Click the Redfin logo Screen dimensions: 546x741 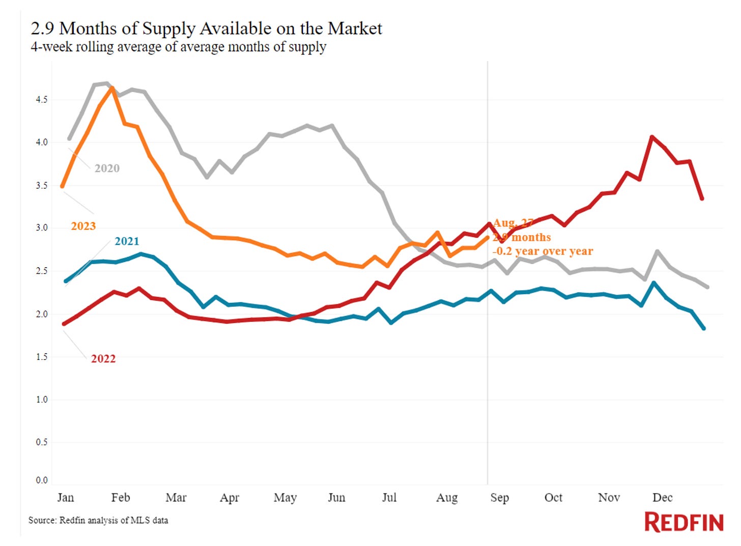pyautogui.click(x=683, y=522)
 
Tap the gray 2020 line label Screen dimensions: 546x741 pyautogui.click(x=107, y=168)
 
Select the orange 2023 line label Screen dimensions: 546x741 pyautogui.click(x=83, y=226)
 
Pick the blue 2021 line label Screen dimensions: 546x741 pyautogui.click(x=127, y=241)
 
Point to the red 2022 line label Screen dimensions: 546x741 pyautogui.click(x=103, y=359)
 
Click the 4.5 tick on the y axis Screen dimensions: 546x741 pyautogui.click(x=42, y=100)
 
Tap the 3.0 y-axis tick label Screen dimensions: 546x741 pyautogui.click(x=42, y=228)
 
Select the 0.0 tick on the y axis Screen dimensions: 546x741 pyautogui.click(x=42, y=480)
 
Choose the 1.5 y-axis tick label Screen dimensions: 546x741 pyautogui.click(x=42, y=357)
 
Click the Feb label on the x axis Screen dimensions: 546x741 pyautogui.click(x=121, y=498)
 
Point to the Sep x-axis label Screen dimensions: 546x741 pyautogui.click(x=499, y=498)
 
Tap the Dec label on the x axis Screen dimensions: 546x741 pyautogui.click(x=662, y=498)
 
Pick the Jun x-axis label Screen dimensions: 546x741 pyautogui.click(x=336, y=498)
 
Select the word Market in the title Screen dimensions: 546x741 pyautogui.click(x=355, y=28)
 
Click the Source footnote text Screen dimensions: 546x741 pyautogui.click(x=98, y=520)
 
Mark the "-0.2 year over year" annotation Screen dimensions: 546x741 pyautogui.click(x=543, y=251)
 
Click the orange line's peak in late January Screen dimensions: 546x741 pyautogui.click(x=112, y=88)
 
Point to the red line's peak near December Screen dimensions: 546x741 pyautogui.click(x=652, y=137)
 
